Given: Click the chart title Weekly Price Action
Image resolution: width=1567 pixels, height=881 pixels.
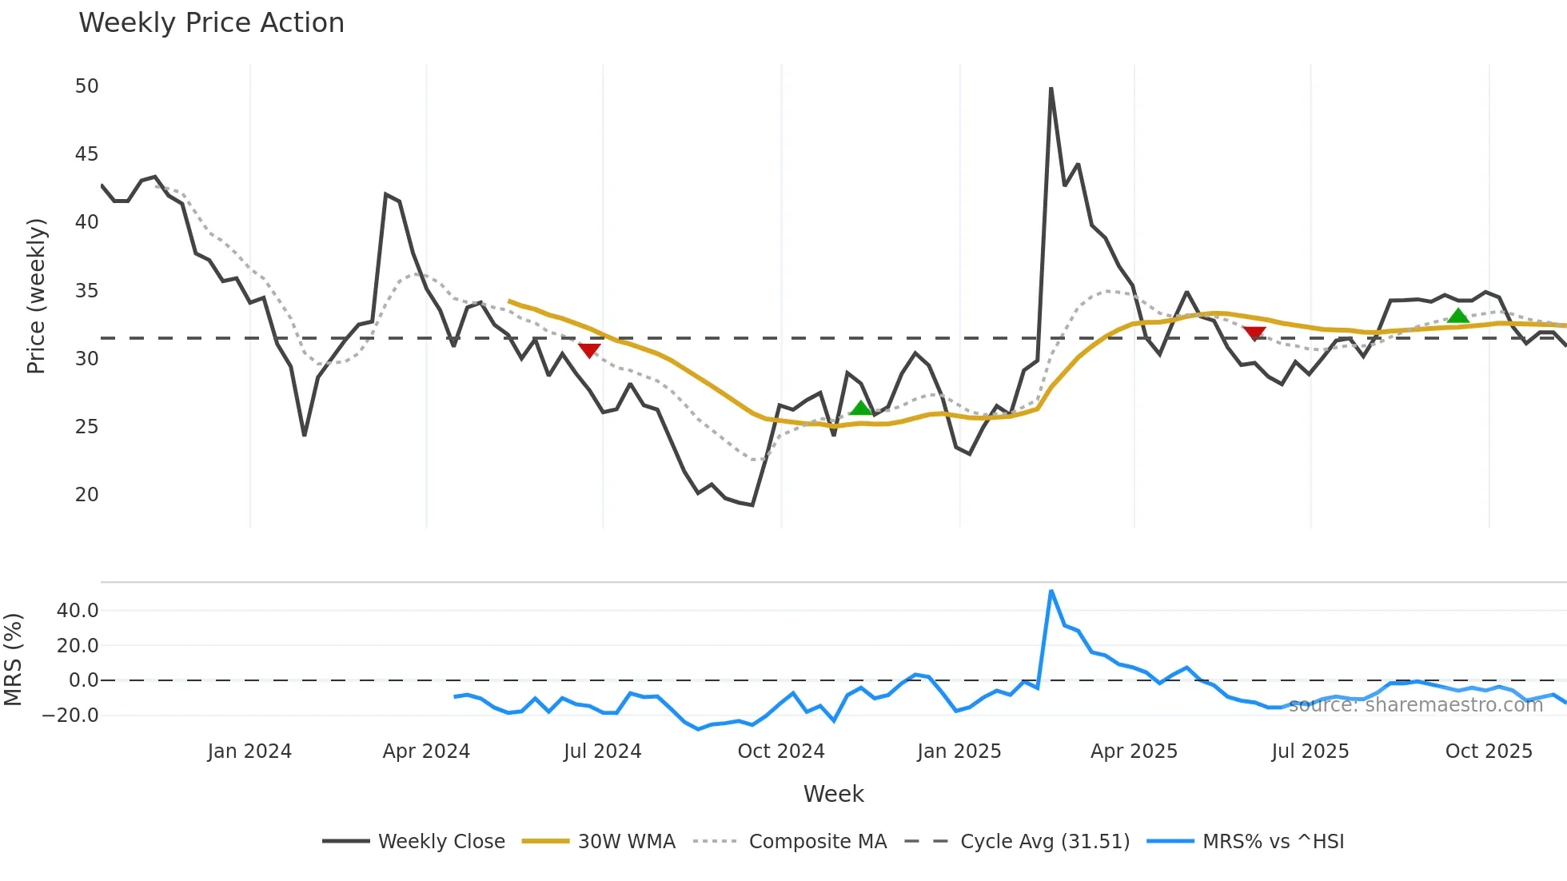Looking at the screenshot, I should pos(211,23).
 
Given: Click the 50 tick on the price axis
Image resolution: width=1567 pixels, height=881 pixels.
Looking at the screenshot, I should pos(86,86).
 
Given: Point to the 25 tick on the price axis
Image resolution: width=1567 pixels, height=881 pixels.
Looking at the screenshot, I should pos(86,427).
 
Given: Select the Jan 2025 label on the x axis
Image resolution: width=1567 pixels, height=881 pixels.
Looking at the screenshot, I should pos(959,751).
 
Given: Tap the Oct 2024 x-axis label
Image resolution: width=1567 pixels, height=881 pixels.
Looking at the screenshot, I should pos(780,751).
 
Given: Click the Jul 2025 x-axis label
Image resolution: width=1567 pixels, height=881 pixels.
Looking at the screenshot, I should pos(1310,751).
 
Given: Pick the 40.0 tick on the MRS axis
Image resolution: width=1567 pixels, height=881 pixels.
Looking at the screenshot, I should pos(78,611).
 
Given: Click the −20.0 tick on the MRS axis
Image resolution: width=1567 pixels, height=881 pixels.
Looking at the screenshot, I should pos(70,716).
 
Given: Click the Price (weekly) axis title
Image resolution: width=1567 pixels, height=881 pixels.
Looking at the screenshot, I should pos(36,296).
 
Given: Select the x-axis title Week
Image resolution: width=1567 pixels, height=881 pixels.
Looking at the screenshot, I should pos(833,794).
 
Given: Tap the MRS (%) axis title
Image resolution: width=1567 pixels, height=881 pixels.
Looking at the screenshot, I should pos(13,660).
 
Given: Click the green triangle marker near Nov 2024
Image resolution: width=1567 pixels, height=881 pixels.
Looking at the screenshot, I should pos(860,409).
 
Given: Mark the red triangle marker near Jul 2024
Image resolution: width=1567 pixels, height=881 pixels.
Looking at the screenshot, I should pos(589,350).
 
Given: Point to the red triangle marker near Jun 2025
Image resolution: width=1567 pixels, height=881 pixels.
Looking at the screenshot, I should pos(1254,333).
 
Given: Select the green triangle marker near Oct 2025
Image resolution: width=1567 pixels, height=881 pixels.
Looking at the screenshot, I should pos(1458,316).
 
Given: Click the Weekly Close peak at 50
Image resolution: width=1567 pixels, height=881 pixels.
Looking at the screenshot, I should pos(1051,88).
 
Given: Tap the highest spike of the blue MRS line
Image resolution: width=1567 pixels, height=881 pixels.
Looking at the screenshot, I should pos(1051,591).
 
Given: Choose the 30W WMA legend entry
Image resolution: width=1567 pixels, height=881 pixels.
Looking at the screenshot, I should pos(599,842).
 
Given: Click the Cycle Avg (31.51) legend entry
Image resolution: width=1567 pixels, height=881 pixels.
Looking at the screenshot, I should pos(1017,842).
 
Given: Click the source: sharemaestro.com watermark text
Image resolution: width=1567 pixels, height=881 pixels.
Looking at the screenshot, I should pos(1415,705).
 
